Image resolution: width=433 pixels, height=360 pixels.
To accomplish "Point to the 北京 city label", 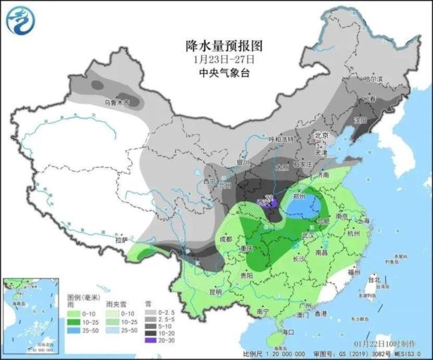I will coord(322,140).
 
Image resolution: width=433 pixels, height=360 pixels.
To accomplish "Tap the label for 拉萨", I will coord(121,240).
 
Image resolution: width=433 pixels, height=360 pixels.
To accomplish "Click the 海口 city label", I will coord(288,331).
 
